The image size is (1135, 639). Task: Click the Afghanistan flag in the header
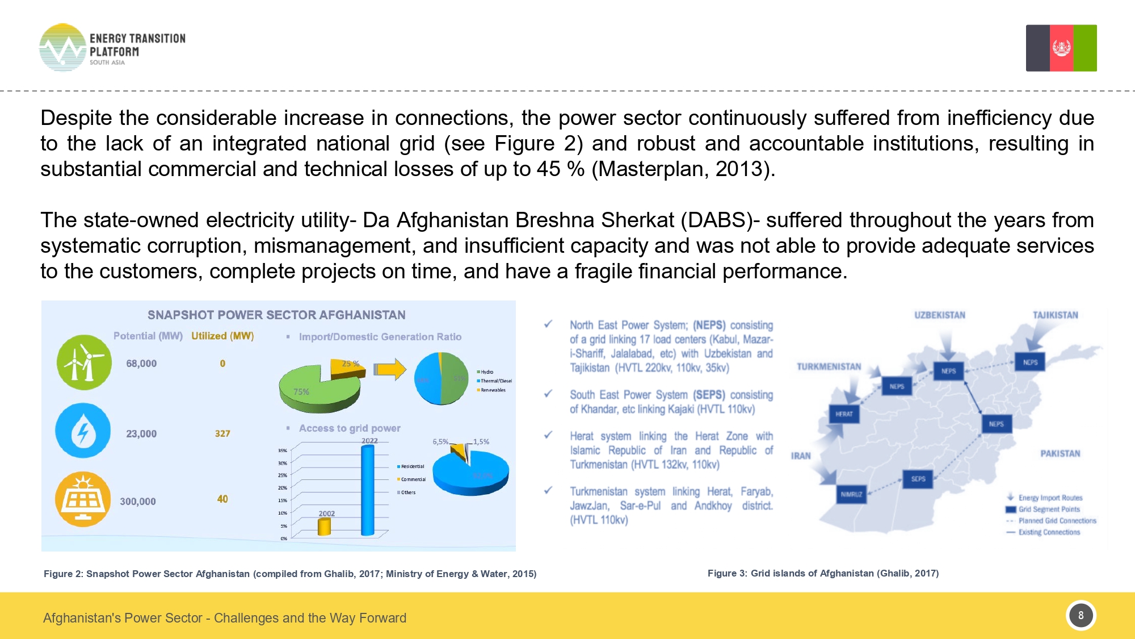tap(1061, 48)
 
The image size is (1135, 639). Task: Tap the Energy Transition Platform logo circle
tap(62, 48)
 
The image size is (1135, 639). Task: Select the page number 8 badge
tap(1081, 615)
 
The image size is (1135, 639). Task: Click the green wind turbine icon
tap(84, 362)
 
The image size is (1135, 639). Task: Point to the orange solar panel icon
tap(83, 499)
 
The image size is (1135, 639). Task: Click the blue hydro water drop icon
tap(83, 431)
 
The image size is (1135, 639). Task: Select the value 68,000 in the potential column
tap(141, 364)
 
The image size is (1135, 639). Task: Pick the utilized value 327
tap(222, 433)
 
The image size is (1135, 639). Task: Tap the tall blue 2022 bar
tap(368, 490)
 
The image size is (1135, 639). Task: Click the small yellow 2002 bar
tap(324, 527)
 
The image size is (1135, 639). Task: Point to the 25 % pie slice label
tap(350, 364)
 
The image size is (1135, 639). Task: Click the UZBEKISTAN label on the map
tap(939, 315)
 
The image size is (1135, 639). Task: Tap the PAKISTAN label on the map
tap(1060, 453)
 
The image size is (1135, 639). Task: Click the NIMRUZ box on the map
tap(851, 494)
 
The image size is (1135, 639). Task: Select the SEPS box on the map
tap(918, 479)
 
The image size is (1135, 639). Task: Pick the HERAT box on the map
tap(844, 414)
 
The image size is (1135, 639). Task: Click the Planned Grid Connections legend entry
tap(1056, 520)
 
